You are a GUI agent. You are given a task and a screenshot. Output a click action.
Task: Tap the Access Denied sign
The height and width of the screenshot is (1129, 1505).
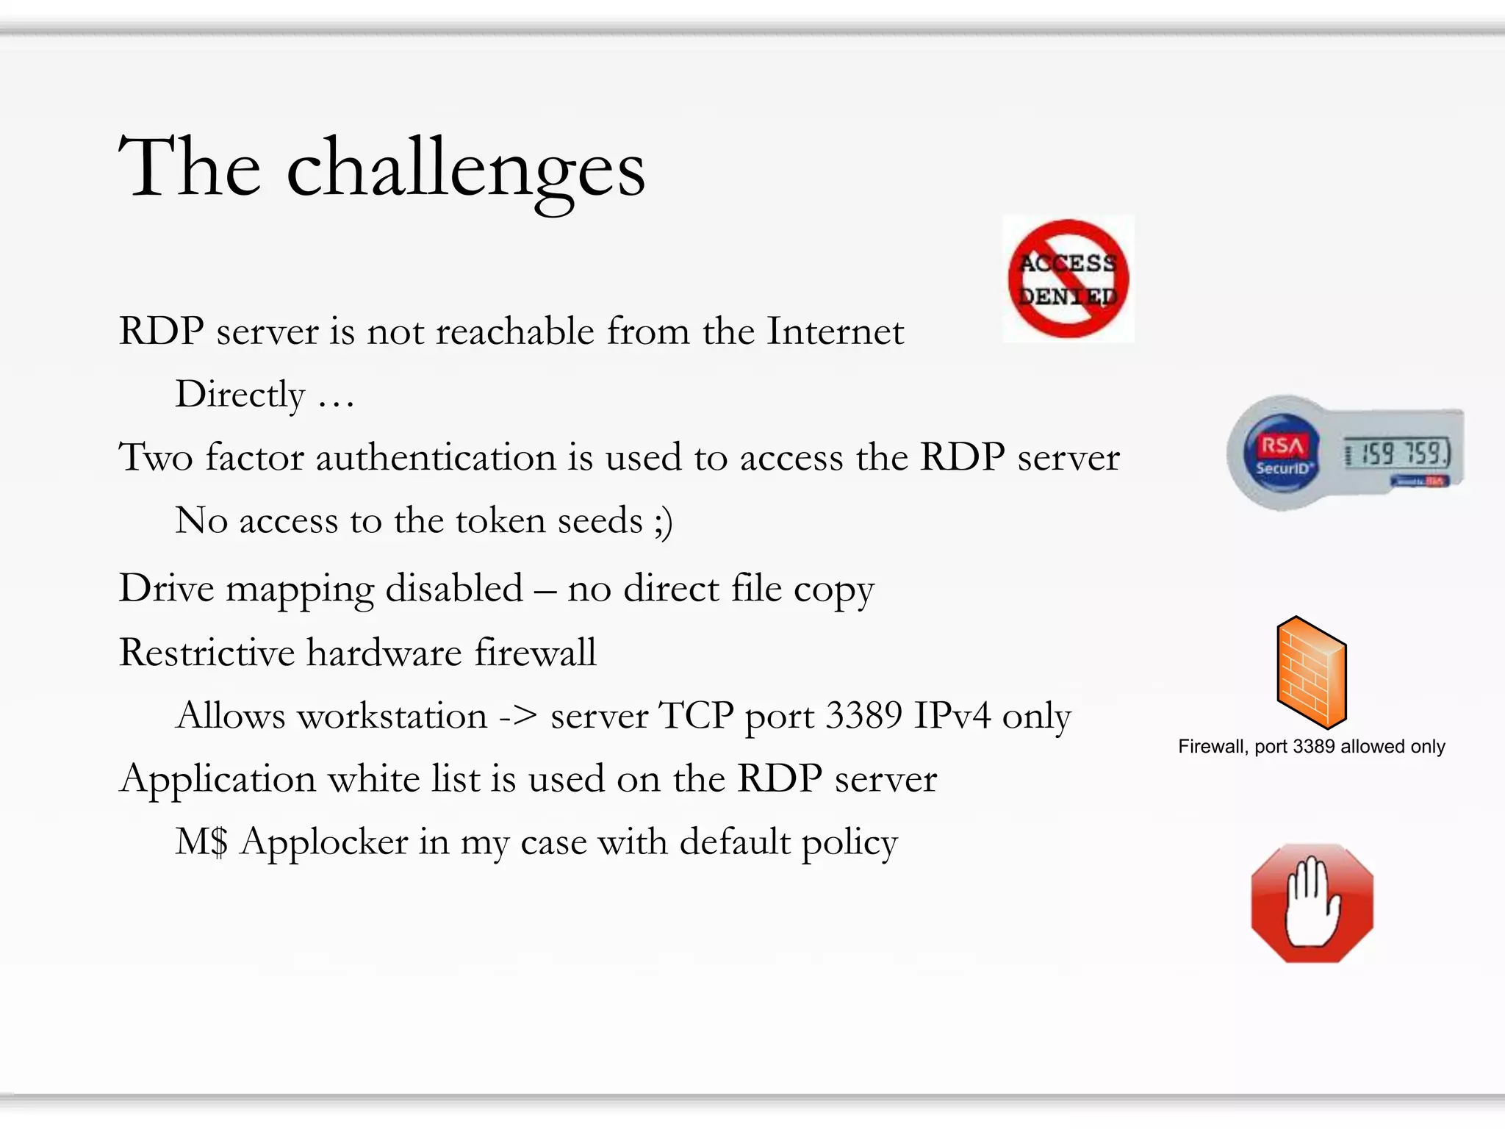1068,279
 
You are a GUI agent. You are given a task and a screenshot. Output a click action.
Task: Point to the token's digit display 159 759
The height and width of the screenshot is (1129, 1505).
1397,454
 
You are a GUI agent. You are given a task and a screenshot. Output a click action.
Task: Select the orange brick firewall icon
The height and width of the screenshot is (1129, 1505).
1312,672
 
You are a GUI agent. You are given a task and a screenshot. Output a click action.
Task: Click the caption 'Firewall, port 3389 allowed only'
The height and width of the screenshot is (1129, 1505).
1312,747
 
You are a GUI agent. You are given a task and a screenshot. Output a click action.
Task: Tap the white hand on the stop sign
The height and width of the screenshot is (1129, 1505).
1312,904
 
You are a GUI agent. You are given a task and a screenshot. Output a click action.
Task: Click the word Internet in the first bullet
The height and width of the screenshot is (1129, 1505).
835,331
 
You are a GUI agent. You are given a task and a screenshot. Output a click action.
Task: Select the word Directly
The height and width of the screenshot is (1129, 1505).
240,395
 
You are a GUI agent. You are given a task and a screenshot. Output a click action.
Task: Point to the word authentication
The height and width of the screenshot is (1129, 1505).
436,457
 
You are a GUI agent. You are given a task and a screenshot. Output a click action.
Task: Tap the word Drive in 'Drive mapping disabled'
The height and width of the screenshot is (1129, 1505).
167,589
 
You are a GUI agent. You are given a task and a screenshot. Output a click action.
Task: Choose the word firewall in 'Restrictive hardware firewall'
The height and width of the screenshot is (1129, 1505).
535,653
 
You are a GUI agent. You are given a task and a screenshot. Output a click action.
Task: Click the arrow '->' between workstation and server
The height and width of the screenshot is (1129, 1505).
518,716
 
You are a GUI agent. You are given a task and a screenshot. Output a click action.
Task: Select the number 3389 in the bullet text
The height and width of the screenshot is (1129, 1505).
863,716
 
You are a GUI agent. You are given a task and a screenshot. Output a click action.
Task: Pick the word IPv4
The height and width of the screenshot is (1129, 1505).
952,716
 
